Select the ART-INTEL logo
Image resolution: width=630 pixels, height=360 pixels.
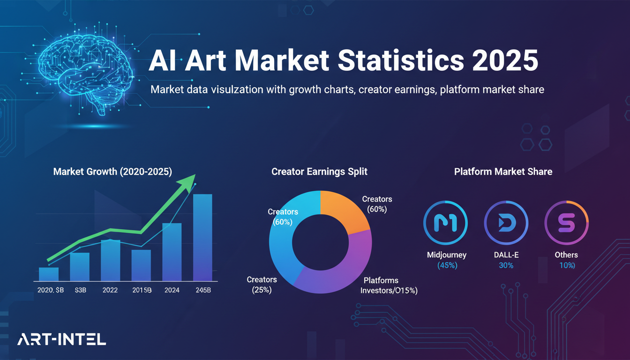coord(61,339)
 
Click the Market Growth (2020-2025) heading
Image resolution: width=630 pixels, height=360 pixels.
coord(112,172)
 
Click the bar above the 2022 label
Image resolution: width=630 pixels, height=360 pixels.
coord(111,260)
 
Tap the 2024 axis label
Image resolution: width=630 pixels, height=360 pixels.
coord(172,290)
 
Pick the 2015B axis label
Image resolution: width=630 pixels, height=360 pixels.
coord(142,290)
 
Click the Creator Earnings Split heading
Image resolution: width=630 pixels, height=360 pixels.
coord(319,172)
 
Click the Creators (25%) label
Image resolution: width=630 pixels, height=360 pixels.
coord(262,285)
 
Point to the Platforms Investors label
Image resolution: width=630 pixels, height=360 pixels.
coord(388,285)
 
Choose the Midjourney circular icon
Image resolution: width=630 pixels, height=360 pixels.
coord(445,223)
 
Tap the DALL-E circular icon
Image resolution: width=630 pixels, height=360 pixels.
coord(506,223)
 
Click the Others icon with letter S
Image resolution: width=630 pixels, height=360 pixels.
coord(566,223)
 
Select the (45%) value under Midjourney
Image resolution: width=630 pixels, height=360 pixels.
coord(447,265)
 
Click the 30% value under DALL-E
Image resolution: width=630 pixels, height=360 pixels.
coord(506,265)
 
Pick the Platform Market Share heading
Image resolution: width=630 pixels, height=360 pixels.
coord(503,172)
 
